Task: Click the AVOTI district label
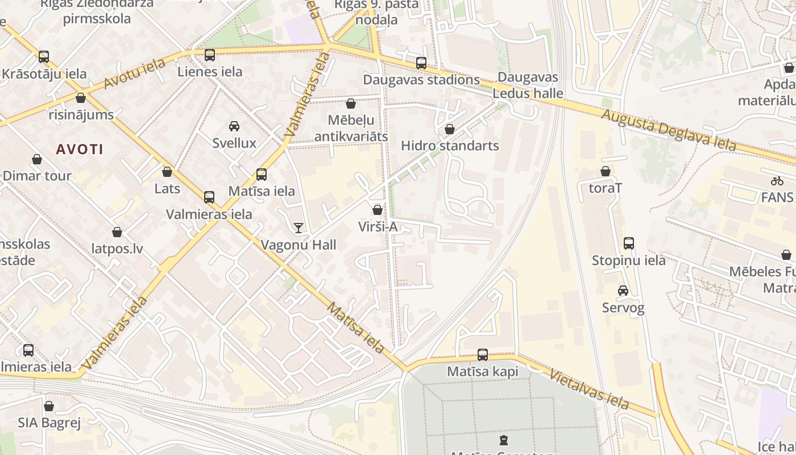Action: coord(80,150)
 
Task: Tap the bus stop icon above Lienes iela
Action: coord(210,55)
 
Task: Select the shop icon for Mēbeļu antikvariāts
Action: coord(351,104)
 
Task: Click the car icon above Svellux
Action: coord(234,126)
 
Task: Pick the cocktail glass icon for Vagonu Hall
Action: coord(298,228)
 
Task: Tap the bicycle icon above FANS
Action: coord(777,181)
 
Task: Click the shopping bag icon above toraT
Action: coord(606,171)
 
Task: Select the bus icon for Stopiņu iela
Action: coord(629,243)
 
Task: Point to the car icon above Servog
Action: coord(623,291)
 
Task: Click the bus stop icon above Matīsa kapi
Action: coord(483,355)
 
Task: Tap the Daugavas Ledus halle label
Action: coord(528,85)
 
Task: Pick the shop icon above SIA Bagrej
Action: coord(49,406)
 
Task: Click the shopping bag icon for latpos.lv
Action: coord(117,232)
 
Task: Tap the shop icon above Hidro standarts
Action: coord(450,129)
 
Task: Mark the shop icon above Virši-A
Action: coord(378,210)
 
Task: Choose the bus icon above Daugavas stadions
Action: coord(421,63)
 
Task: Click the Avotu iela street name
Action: coord(135,73)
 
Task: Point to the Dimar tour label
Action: coord(38,176)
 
